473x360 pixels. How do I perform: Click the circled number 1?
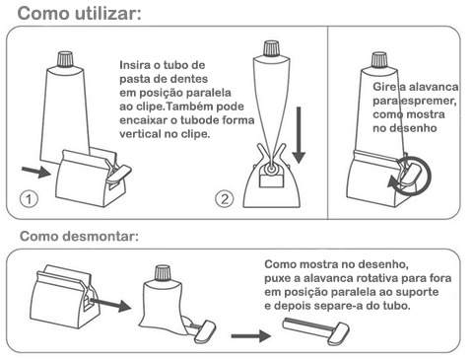tap(29, 199)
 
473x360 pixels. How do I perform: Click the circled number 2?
tap(225, 199)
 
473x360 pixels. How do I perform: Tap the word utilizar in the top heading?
tap(108, 14)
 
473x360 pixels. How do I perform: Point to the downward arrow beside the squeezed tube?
tap(299, 135)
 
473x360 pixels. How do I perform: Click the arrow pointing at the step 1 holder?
tap(36, 172)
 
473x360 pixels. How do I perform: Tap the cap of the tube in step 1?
tap(65, 59)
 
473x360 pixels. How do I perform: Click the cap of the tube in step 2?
tap(271, 48)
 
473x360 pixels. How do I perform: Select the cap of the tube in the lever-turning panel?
tap(379, 60)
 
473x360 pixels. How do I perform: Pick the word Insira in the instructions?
tap(135, 65)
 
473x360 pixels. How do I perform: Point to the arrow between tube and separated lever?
tap(251, 335)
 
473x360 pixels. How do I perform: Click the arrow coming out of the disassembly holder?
tap(110, 304)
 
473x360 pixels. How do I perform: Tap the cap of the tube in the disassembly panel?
tap(164, 274)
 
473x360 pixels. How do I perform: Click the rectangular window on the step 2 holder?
tap(272, 181)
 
